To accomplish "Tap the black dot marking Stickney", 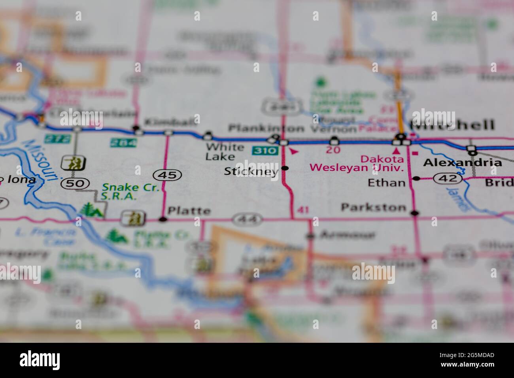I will tap(285, 168).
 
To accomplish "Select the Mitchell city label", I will tap(452, 125).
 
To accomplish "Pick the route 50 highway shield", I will tap(70, 183).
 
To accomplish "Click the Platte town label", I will tap(189, 211).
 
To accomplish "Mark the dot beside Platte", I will tap(162, 219).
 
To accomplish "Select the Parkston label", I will tap(373, 207).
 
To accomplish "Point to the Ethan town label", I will tap(386, 183).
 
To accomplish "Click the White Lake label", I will tap(225, 152).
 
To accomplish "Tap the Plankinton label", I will tap(266, 129).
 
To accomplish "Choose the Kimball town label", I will tap(170, 121).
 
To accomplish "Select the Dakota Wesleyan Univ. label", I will tap(357, 164).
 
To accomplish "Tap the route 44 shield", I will tap(247, 219).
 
